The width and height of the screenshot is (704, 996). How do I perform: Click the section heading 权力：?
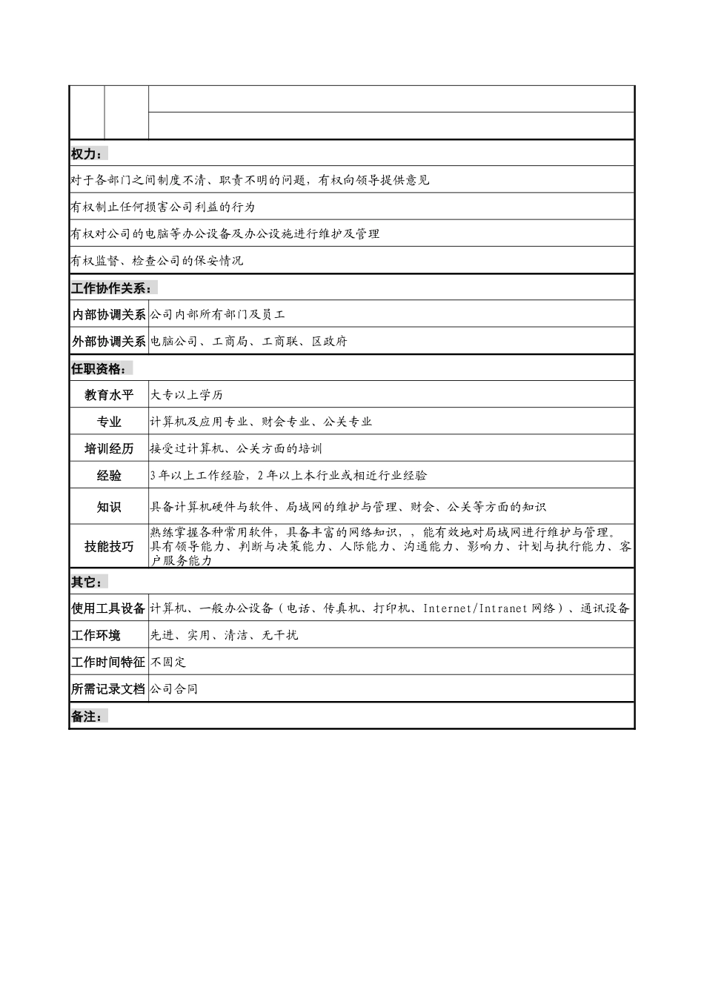point(86,153)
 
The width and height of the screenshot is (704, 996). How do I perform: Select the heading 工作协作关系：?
point(111,288)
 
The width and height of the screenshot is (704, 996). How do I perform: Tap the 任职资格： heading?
point(99,368)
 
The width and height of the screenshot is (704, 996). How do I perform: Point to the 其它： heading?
point(86,582)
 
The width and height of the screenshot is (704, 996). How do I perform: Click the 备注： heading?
point(86,717)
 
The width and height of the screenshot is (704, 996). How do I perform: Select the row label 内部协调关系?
point(109,314)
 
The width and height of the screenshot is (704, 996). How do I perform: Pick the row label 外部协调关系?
point(109,342)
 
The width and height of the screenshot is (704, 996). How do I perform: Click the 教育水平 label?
point(109,395)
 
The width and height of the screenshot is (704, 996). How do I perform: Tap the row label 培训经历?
point(109,448)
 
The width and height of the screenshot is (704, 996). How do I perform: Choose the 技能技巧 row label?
point(109,546)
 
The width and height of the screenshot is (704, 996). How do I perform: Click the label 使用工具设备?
point(109,608)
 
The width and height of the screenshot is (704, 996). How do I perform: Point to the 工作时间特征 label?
point(109,662)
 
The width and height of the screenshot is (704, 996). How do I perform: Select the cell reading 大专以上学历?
point(187,395)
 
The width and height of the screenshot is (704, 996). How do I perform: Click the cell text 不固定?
point(168,662)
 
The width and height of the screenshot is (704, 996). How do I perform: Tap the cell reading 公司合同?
point(174,688)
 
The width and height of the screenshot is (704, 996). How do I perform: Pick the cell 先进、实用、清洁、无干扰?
point(224,635)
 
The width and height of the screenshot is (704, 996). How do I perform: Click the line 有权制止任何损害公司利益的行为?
point(162,207)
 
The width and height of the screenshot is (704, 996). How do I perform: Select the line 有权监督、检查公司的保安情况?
point(156,261)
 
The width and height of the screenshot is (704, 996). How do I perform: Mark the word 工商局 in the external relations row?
point(230,342)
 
